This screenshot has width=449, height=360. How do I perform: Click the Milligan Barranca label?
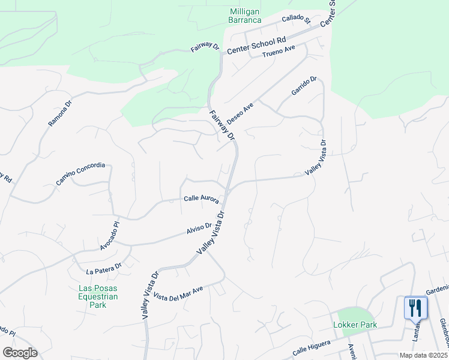coord(245,16)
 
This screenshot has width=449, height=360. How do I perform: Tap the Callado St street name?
coord(295,19)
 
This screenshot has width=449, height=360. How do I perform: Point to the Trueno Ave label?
coord(279,53)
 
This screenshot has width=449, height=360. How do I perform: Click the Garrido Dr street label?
coord(304,87)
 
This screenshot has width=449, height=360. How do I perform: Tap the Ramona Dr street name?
coord(60,113)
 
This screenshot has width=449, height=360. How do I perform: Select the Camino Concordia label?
coord(80,173)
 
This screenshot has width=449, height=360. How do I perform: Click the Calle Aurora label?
coord(201,198)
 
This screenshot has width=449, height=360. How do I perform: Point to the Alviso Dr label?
coord(199,228)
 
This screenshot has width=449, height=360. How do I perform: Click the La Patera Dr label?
coord(104,268)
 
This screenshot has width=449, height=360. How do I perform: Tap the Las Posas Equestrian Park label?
coord(98,296)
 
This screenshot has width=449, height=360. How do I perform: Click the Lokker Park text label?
coord(355,325)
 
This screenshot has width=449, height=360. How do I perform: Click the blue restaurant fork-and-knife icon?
coord(415,308)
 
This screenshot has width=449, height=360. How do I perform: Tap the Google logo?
coord(20,353)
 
